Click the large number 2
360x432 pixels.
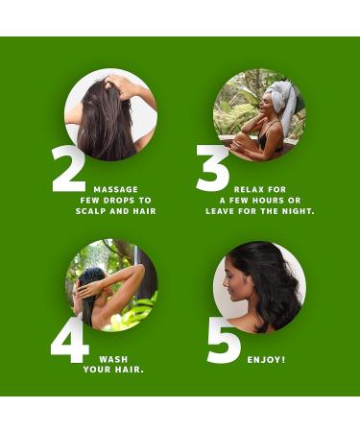click(x=68, y=171)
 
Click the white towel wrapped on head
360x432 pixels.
click(x=281, y=94)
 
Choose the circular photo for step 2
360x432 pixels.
click(x=109, y=113)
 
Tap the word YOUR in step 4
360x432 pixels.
click(x=99, y=370)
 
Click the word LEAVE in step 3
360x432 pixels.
click(x=224, y=211)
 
